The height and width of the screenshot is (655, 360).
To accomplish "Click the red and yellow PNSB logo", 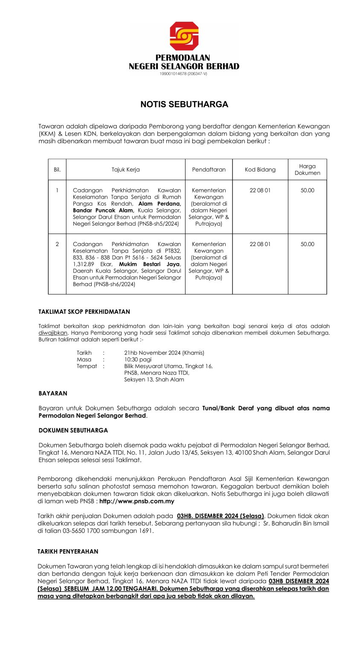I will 184,36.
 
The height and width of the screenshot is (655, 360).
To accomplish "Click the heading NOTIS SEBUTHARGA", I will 184,104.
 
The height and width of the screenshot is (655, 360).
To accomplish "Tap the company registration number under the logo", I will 183,74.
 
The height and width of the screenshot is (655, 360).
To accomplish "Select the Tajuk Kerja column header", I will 125,170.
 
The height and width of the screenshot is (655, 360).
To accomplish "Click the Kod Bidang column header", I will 260,170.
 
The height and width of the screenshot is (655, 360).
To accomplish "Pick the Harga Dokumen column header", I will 307,170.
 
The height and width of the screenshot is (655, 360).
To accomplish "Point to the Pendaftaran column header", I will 209,170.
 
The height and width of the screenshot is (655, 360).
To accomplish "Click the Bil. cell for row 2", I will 57,244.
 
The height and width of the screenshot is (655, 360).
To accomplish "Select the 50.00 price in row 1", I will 307,191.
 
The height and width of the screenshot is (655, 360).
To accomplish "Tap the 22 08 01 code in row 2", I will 260,244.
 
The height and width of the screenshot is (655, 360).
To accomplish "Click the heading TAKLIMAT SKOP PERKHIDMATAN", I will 84,312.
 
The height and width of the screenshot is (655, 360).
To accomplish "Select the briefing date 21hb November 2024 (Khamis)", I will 164,353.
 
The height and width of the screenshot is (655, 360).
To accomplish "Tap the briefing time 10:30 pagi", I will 138,359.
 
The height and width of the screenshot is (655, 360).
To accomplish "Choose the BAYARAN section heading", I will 53,394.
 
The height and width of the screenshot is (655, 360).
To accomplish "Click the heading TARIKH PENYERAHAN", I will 68,551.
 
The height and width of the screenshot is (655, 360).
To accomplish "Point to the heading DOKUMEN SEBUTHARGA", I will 73,430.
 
